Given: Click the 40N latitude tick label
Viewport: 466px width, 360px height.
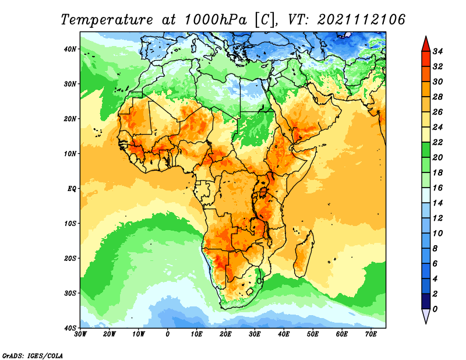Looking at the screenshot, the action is [x=70, y=49].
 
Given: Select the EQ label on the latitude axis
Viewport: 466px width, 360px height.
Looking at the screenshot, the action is [x=72, y=189].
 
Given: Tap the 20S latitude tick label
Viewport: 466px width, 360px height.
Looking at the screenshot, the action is [x=70, y=258].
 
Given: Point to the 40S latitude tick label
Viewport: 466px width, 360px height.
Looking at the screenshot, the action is [x=70, y=328].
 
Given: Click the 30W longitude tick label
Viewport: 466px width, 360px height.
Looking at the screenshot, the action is [x=80, y=334].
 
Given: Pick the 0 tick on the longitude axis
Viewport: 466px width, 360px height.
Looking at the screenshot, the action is [x=168, y=334].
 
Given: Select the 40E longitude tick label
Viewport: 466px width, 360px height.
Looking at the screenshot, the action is [x=284, y=334].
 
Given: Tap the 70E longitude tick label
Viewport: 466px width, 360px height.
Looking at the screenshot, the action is [x=371, y=334].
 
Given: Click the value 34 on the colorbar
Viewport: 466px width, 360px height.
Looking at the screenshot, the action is [x=437, y=51].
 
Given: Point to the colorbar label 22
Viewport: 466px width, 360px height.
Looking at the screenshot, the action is [x=437, y=142].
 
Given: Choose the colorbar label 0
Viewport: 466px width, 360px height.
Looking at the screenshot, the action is [x=435, y=309].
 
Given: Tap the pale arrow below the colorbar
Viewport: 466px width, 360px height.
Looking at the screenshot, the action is [x=426, y=316].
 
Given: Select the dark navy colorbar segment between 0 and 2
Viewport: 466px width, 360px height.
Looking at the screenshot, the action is [x=426, y=301].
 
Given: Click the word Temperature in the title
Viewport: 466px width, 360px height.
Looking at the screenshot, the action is [x=107, y=20].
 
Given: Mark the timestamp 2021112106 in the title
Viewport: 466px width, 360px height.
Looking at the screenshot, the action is [x=361, y=20].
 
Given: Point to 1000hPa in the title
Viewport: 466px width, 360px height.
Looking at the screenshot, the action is [x=216, y=20].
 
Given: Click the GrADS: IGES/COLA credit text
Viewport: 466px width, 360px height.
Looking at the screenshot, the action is [x=33, y=355].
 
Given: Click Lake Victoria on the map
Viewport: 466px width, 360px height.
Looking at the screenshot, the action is [x=263, y=192].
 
